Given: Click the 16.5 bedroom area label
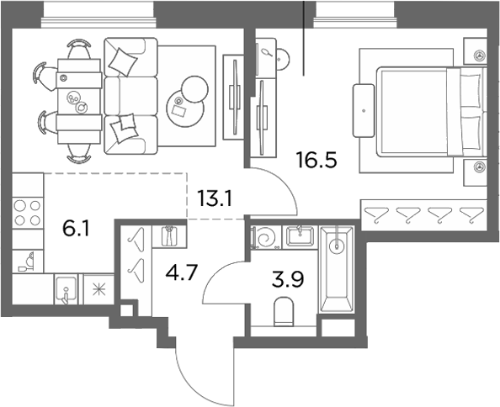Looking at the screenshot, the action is point(316,160).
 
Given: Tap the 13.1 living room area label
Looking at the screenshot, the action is point(215,198).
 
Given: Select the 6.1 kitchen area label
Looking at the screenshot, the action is point(77,229).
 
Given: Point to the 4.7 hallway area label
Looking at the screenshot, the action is point(183,272).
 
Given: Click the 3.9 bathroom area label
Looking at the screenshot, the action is point(288,279).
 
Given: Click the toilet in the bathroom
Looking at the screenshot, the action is point(284,312).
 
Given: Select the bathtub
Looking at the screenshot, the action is point(337,269).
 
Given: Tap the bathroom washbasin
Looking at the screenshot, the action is point(300,236).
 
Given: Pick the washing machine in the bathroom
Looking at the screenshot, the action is point(265,237).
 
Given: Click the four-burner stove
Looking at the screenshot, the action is point(28,212).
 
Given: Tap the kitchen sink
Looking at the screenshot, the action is point(66,288).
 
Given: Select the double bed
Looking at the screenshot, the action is point(431,112).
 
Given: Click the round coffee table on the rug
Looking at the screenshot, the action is point(186,108).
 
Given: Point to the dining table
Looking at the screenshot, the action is point(79,101).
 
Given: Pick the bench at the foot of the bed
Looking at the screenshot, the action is point(364,110).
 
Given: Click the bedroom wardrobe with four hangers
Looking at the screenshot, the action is point(423,215).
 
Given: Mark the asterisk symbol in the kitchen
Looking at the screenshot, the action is point(98,290).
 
